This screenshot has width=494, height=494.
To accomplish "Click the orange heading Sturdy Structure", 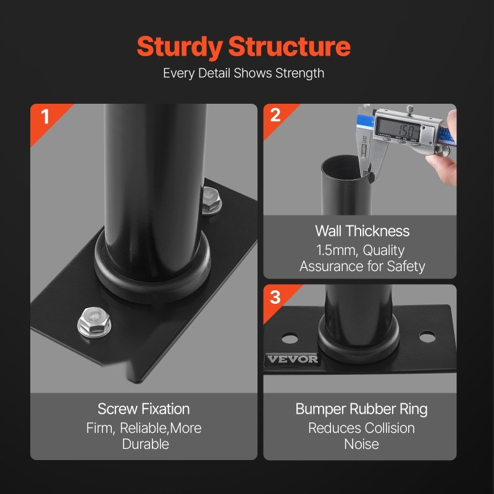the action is (243, 47).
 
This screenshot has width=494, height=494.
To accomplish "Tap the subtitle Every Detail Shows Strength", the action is (243, 73).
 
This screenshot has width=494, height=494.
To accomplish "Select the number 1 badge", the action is (45, 116).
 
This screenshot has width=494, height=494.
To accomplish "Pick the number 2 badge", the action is (275, 115).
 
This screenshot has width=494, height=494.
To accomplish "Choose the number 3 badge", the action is (275, 297).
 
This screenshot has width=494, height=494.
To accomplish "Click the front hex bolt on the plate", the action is (94, 322).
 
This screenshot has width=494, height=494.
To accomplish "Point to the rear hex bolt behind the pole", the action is (211, 201).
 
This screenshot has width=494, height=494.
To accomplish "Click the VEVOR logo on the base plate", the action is (292, 359).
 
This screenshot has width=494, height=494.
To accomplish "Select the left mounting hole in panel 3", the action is (290, 338).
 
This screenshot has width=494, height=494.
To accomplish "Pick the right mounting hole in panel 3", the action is (427, 336).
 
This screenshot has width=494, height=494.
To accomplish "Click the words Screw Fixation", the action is (144, 409).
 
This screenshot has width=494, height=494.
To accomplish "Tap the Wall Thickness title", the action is (362, 231).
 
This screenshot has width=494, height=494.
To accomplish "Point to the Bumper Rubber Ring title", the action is (361, 409).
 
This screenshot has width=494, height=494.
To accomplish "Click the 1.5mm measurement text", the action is (337, 251).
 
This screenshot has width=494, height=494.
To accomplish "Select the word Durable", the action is (146, 444).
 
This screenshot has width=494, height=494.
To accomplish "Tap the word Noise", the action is (361, 444).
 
